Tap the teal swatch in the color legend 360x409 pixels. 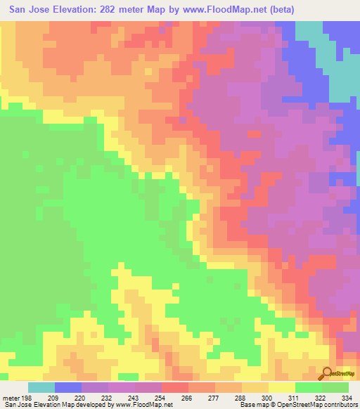point(41,387)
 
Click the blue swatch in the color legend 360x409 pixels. point(67,387)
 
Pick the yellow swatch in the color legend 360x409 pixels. point(281,387)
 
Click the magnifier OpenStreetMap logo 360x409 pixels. point(326,373)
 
